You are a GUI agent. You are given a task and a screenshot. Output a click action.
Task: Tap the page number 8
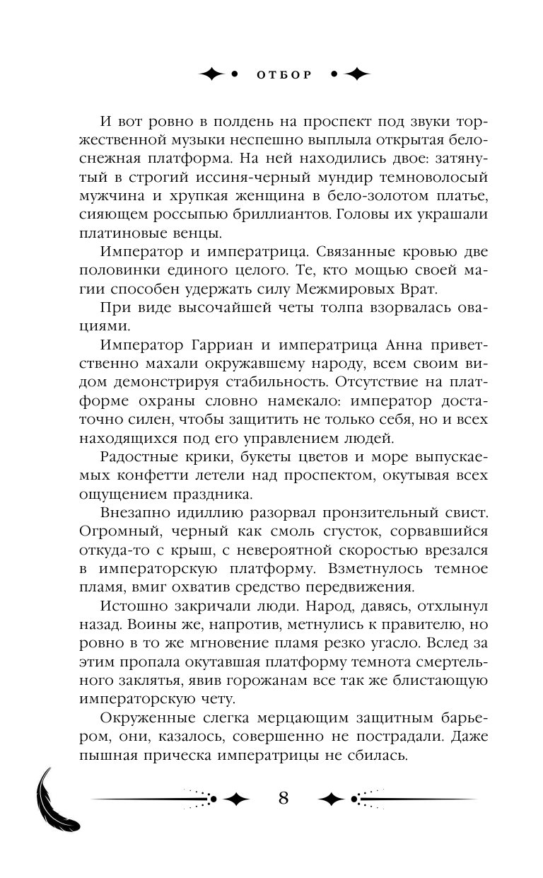284,798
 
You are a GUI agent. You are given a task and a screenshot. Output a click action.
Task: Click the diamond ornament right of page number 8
332,799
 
